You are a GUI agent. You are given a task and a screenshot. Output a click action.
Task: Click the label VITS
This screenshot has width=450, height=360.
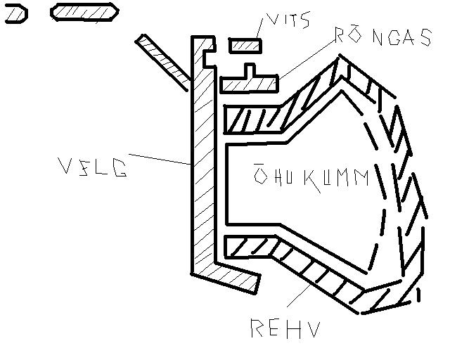288,21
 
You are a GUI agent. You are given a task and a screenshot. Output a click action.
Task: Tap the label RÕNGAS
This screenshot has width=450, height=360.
382,37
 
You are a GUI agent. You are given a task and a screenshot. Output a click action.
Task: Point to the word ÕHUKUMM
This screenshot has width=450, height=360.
310,177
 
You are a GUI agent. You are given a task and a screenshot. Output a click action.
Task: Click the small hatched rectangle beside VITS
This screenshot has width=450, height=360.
245,45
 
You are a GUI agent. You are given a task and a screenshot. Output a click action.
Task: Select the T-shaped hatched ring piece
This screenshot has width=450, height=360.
250,82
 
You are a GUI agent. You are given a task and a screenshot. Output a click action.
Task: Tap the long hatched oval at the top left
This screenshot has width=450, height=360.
84,12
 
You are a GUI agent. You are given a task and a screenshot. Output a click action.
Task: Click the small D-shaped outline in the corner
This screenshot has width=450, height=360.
15,13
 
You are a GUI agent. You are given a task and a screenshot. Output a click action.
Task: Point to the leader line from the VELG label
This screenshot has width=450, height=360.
160,159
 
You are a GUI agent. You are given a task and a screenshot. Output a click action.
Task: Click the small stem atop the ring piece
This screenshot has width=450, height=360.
249,71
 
